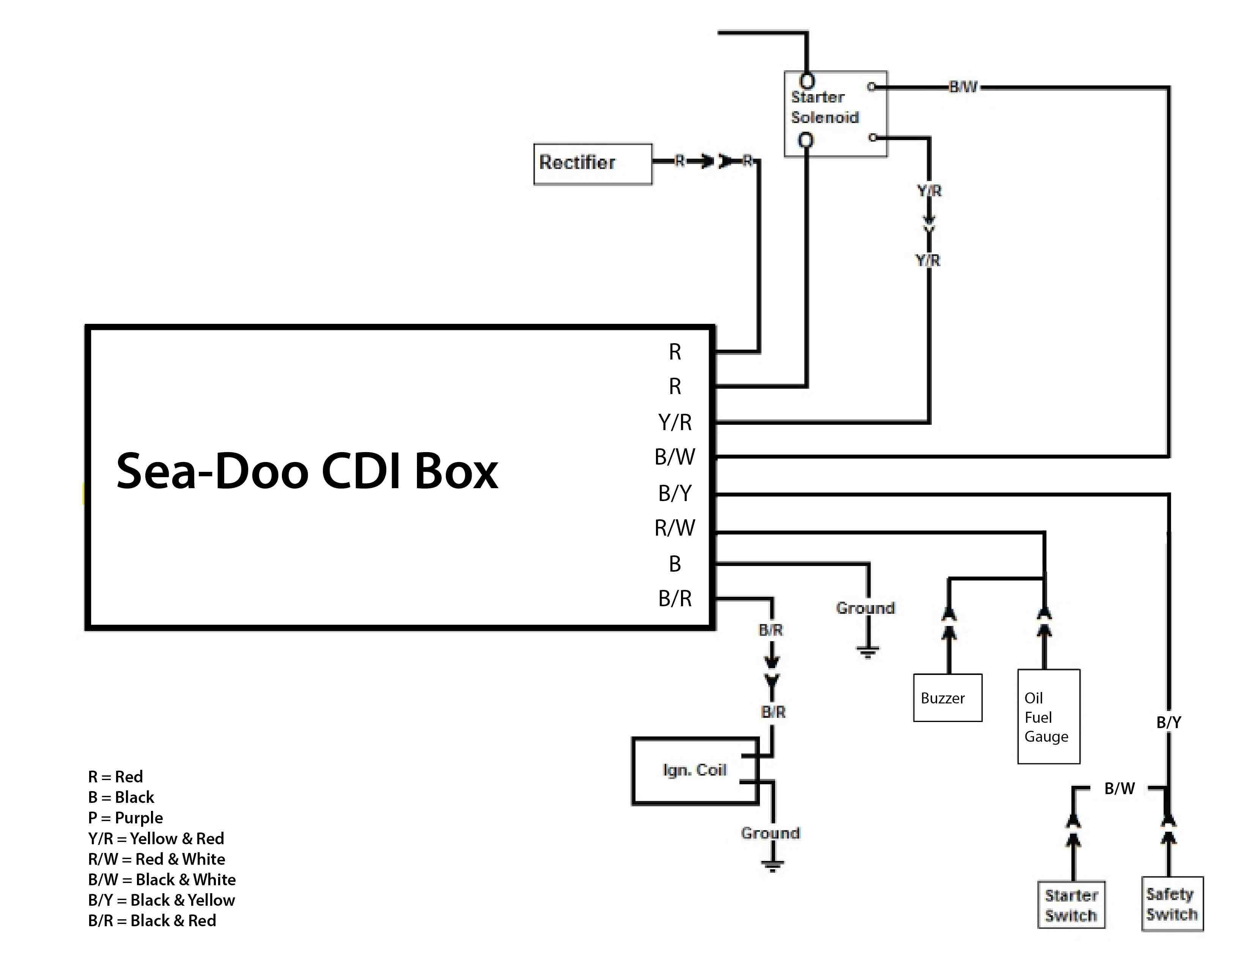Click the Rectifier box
tap(592, 164)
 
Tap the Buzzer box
tap(947, 697)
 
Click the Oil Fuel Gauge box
tap(1048, 716)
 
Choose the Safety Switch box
tap(1172, 904)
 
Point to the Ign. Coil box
tap(695, 770)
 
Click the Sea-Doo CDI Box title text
tap(307, 471)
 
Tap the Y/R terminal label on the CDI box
tap(675, 422)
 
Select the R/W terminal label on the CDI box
tap(675, 528)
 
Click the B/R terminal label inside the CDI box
tap(675, 598)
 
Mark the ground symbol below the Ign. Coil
tap(772, 865)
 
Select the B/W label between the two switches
tap(1119, 788)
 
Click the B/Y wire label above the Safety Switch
tap(1168, 722)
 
